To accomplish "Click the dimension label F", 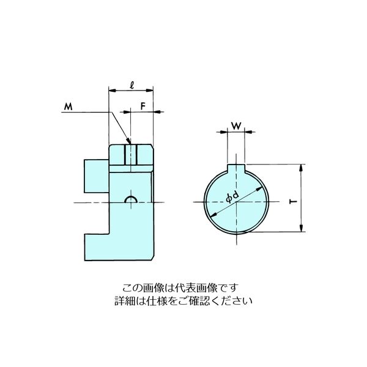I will [x=142, y=105].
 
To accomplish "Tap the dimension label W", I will [x=235, y=127].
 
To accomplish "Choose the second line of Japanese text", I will [x=183, y=301].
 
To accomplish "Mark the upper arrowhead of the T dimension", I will [x=301, y=167].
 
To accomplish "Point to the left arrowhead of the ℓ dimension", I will [x=111, y=90].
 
